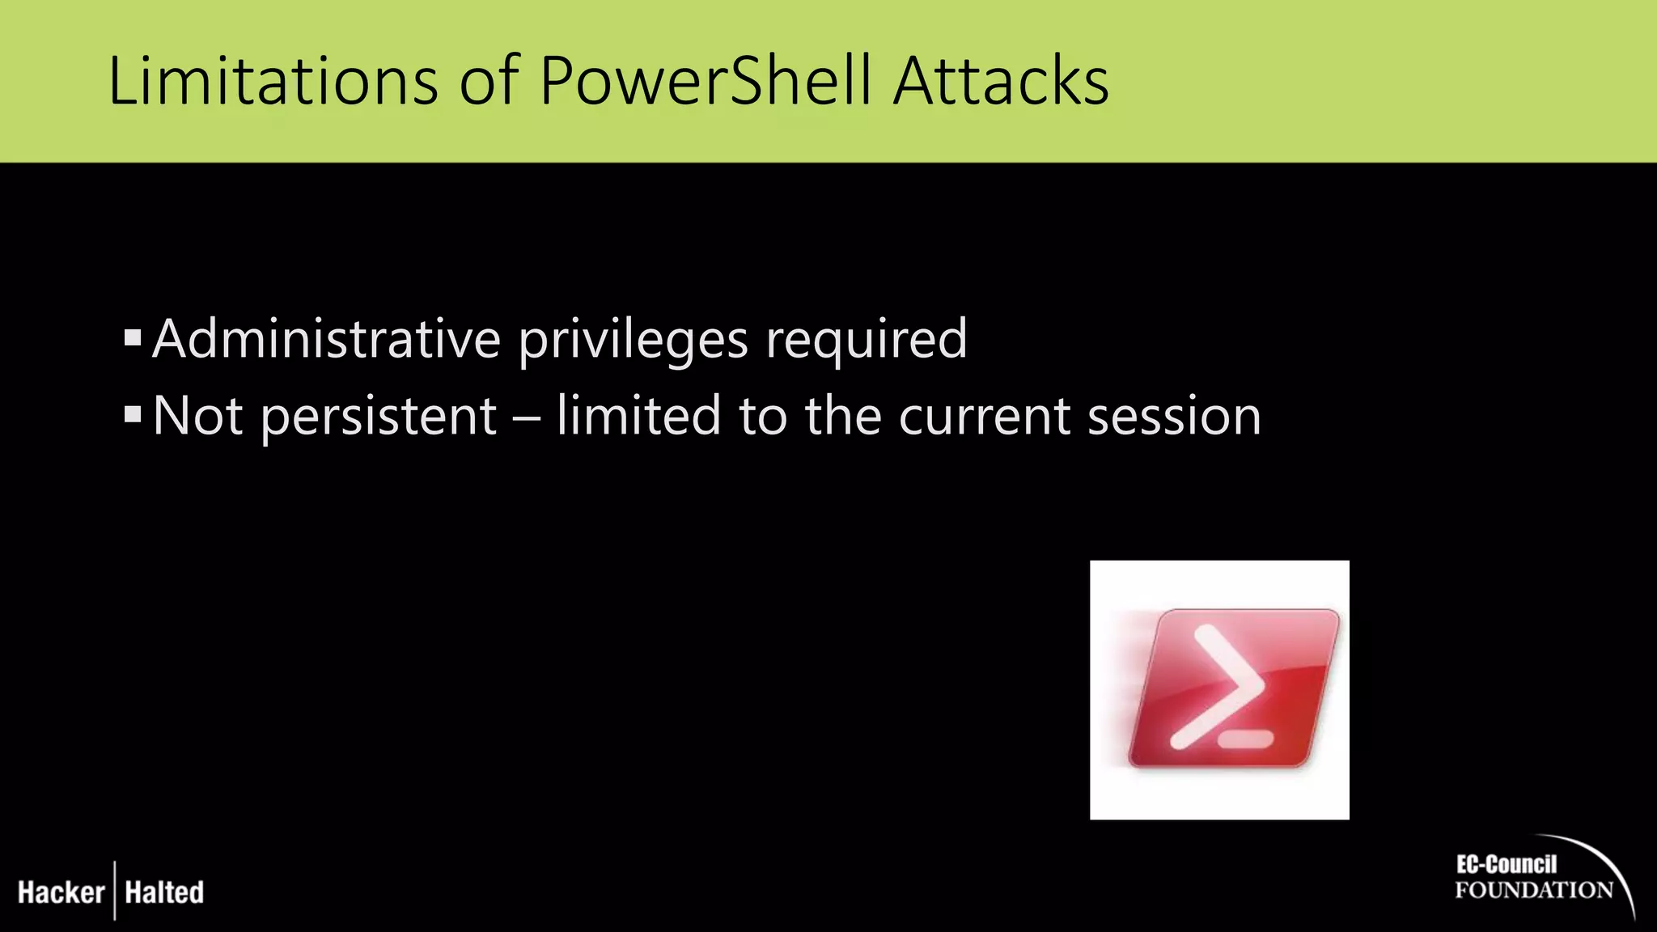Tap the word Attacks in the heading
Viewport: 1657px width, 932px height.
(x=1001, y=81)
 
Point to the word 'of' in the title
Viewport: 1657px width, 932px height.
(x=489, y=81)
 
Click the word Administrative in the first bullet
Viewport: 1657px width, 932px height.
(x=326, y=338)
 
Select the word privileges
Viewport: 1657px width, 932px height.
(x=633, y=340)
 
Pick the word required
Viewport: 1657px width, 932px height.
(x=867, y=340)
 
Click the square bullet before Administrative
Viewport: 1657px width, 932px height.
(x=133, y=337)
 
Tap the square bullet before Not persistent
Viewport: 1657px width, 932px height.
(x=133, y=415)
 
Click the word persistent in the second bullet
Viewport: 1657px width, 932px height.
(x=379, y=417)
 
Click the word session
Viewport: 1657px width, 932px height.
(x=1174, y=417)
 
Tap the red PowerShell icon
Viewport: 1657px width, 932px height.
(x=1219, y=689)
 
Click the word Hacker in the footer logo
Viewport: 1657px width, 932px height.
(x=61, y=892)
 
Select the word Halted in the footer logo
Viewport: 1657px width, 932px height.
(x=164, y=892)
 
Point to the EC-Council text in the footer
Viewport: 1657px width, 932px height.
(x=1507, y=865)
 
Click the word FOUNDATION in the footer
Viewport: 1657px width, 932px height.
(x=1533, y=891)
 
